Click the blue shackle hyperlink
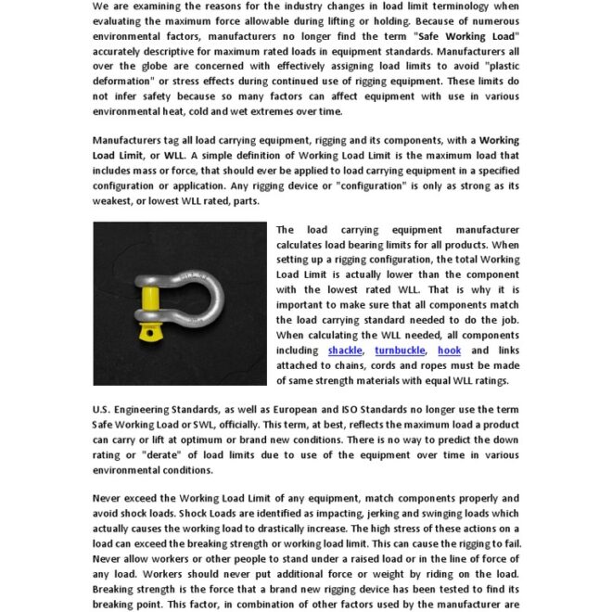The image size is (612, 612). click(x=345, y=351)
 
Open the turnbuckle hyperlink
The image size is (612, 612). click(x=400, y=351)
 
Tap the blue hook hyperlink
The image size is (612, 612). click(x=449, y=351)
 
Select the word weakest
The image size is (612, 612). click(x=117, y=200)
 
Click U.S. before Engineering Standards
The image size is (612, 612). click(x=104, y=409)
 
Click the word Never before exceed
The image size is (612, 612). click(x=109, y=499)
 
